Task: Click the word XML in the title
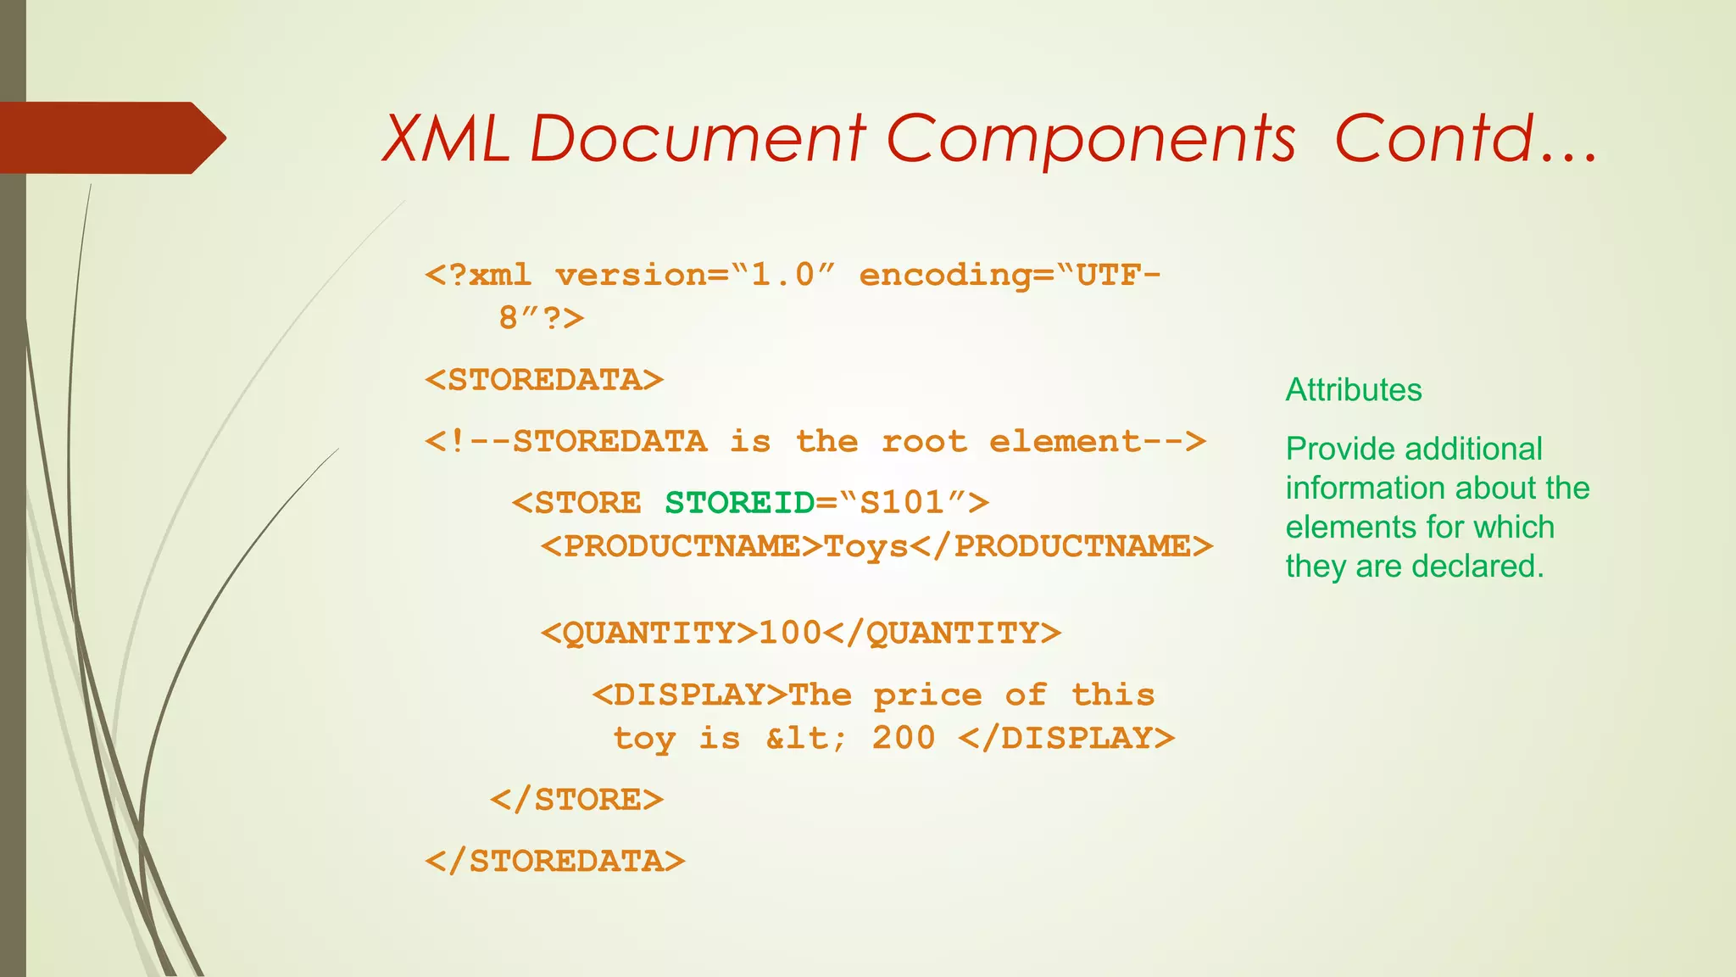447,139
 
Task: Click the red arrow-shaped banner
110,138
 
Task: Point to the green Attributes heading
1354,390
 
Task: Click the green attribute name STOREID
739,503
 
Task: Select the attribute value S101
902,503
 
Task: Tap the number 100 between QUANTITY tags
790,633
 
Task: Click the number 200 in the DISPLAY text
904,739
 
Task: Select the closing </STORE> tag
577,800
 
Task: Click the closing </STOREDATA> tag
555,862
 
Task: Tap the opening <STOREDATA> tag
544,380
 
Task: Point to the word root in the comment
924,442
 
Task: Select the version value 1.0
782,276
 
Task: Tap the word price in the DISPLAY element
928,695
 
